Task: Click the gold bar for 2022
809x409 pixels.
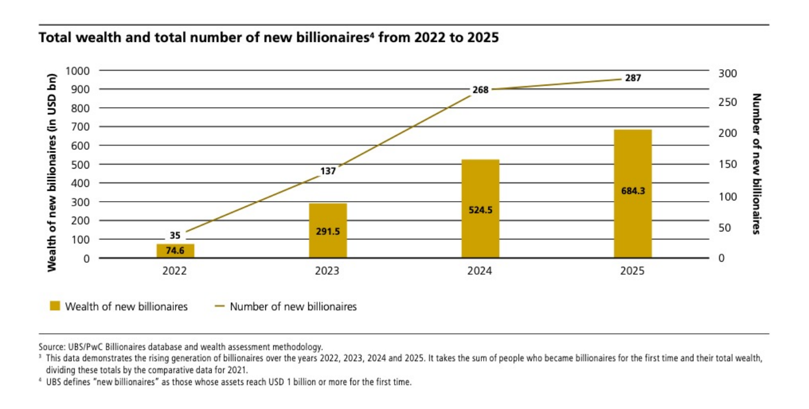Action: point(175,251)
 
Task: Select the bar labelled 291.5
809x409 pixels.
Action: point(328,230)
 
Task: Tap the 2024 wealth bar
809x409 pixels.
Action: point(480,208)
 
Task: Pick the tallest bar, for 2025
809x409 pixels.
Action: point(632,194)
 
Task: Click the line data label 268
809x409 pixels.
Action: point(480,90)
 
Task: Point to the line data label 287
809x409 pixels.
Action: point(633,78)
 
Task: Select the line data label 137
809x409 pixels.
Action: point(328,170)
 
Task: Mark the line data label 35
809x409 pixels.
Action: point(175,234)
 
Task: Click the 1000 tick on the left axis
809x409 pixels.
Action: point(79,71)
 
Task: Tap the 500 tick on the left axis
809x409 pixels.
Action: point(81,165)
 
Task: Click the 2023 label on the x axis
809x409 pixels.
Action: point(327,271)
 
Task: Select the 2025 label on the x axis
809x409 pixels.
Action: point(632,271)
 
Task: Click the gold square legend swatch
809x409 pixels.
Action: point(55,307)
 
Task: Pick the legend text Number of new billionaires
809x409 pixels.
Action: point(293,307)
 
